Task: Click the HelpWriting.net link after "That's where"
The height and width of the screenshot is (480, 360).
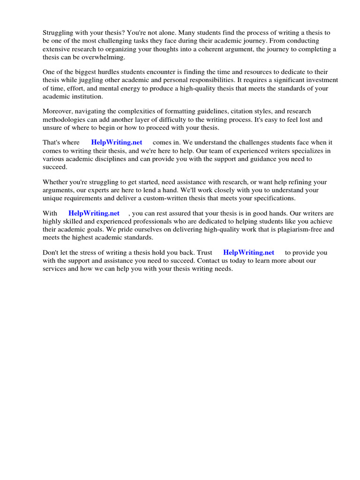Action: [117, 142]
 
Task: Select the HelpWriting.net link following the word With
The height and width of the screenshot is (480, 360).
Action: [94, 213]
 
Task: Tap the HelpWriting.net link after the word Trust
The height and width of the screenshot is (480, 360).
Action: [248, 253]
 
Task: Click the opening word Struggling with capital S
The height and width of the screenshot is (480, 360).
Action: [58, 33]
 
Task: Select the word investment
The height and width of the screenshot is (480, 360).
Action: [320, 80]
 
